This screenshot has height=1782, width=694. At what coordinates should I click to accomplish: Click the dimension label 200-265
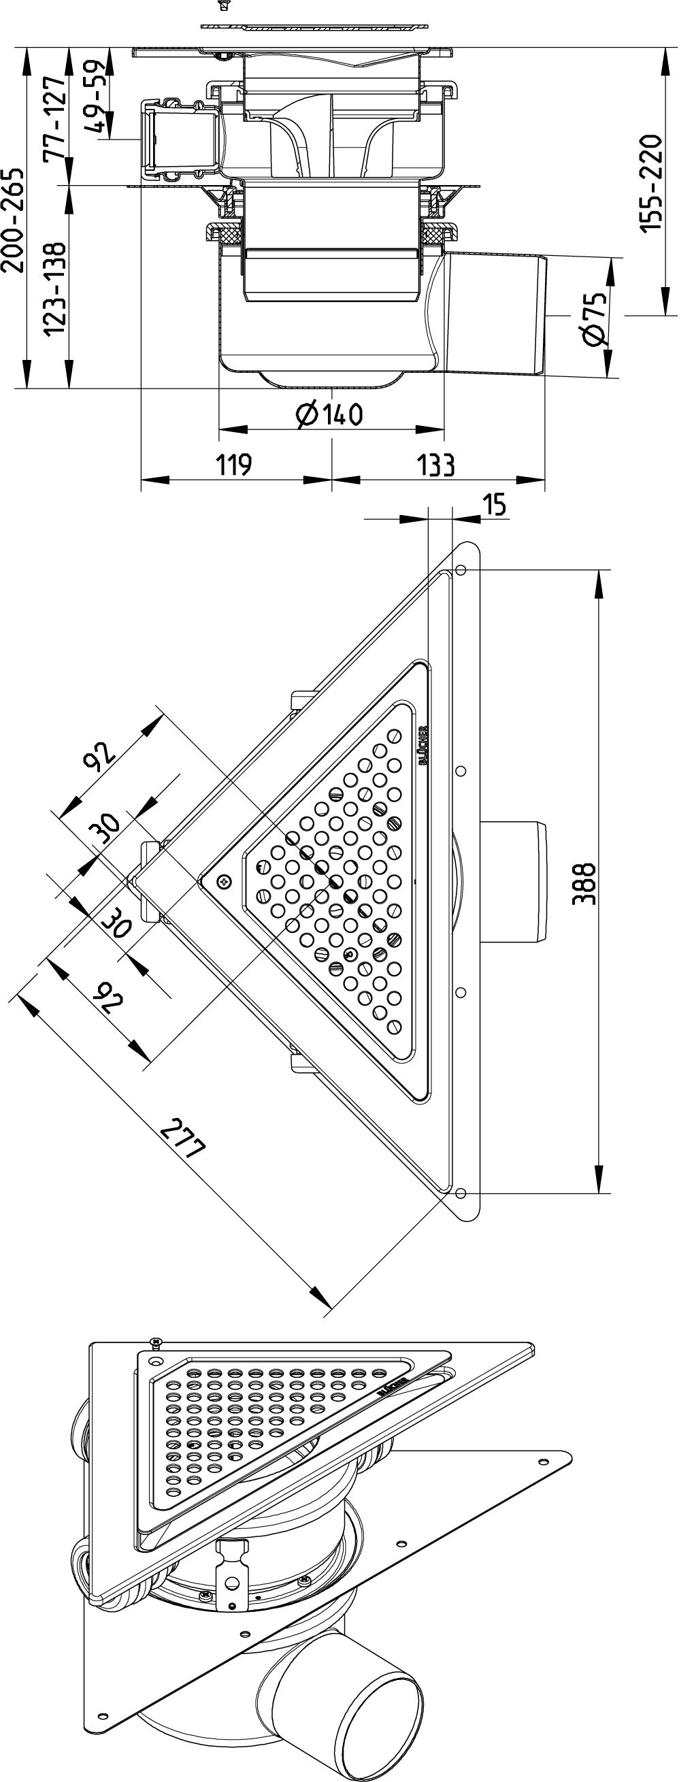[14, 220]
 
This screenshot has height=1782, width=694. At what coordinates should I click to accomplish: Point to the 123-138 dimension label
[54, 288]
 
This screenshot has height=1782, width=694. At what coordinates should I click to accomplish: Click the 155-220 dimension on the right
[651, 182]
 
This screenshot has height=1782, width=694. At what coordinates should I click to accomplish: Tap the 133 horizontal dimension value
[437, 465]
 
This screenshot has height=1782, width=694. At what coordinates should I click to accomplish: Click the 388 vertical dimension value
[584, 883]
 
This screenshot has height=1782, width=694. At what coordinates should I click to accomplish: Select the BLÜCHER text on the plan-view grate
[423, 745]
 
